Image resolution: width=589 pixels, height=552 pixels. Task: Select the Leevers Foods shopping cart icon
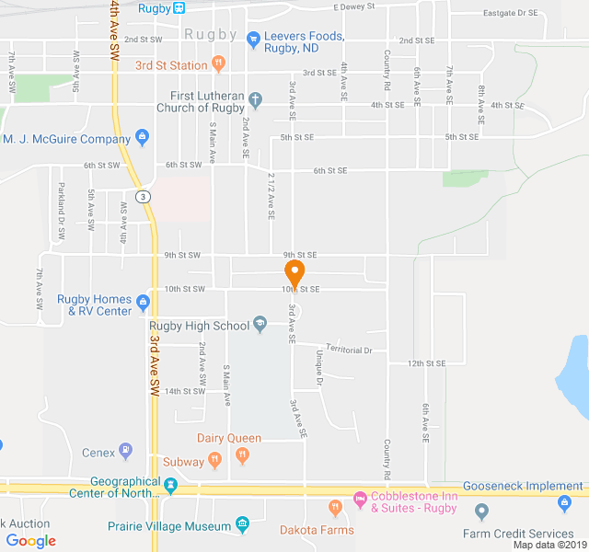point(253,38)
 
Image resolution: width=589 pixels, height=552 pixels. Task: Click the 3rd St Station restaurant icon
point(218,64)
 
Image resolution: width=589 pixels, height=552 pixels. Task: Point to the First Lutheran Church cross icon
point(256,96)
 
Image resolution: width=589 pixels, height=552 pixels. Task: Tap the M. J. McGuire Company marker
point(142,139)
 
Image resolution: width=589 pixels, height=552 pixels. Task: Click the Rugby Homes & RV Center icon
point(143,301)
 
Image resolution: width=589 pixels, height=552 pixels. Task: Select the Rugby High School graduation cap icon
point(260,324)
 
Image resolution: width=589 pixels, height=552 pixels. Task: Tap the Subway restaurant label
point(183,461)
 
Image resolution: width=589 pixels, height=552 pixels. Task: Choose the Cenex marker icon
point(126,451)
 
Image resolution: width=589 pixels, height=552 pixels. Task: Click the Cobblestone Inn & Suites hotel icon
point(360,501)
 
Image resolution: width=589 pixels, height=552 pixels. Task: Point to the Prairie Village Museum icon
point(242,525)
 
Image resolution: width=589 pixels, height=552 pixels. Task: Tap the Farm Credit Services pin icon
point(480,512)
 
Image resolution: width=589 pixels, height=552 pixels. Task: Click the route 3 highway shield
point(142,197)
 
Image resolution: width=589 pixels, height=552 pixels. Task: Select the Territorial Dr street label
point(342,350)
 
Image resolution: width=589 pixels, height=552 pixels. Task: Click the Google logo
point(30,541)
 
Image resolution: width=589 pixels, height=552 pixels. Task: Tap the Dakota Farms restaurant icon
point(335,508)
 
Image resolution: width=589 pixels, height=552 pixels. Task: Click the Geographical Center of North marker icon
point(170,484)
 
